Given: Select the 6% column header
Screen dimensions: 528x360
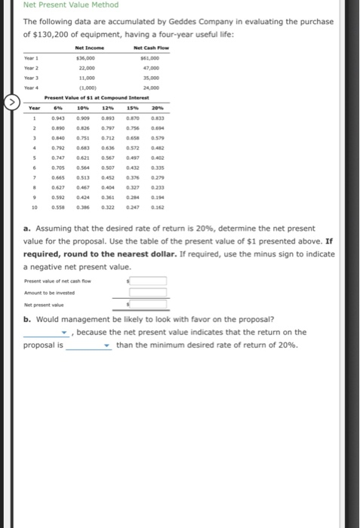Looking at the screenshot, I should point(57,110).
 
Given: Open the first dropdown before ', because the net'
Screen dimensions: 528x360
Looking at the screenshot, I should point(48,333).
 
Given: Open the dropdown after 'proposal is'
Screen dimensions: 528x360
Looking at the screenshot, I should point(90,345).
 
